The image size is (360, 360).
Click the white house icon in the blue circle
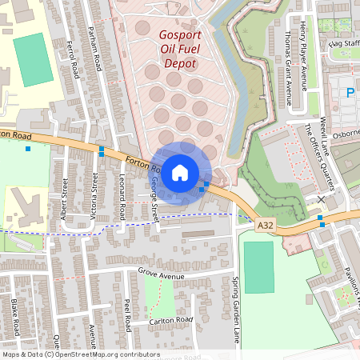180,172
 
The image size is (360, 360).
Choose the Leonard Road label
122,197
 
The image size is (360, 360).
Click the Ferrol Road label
74,59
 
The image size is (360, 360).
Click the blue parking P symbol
350,94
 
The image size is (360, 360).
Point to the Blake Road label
15,318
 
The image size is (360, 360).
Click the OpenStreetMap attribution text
81,354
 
